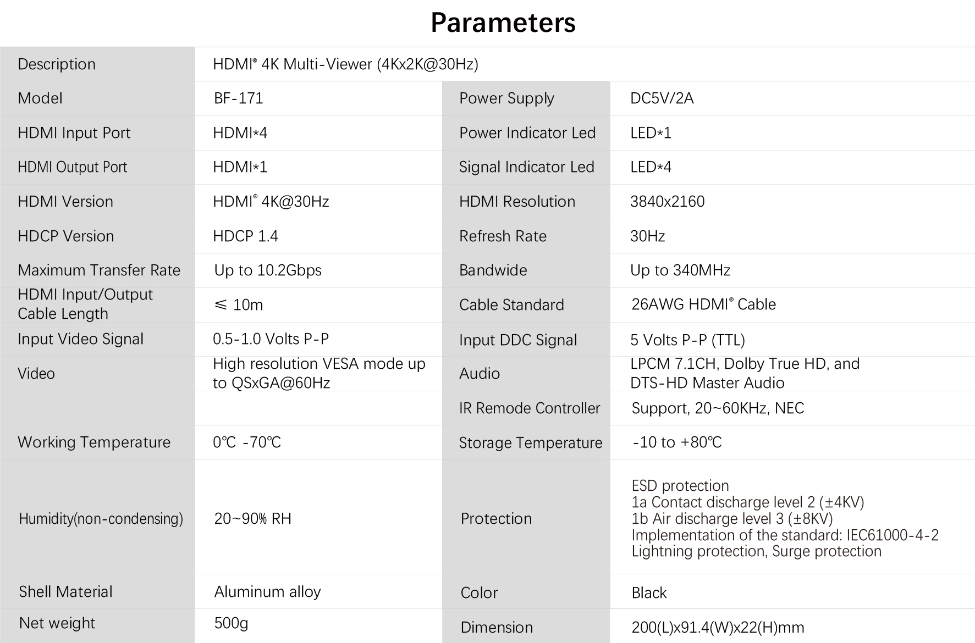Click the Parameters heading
click(x=503, y=23)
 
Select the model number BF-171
click(x=238, y=98)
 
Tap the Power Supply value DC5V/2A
click(x=662, y=98)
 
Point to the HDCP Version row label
click(x=66, y=236)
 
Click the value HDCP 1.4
click(x=245, y=236)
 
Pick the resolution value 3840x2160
click(x=667, y=202)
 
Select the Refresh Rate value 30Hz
click(x=647, y=236)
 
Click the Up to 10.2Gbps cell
click(x=268, y=270)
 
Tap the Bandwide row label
click(x=493, y=270)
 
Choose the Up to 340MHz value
click(x=680, y=270)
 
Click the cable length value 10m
click(x=248, y=305)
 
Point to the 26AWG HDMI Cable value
click(x=703, y=304)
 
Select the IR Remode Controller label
click(x=530, y=408)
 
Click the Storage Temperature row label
click(x=531, y=443)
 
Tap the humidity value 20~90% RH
click(x=252, y=519)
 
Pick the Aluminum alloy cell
click(x=267, y=592)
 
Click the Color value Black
click(x=649, y=593)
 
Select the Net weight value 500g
click(x=231, y=623)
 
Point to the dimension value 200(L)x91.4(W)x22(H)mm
click(x=718, y=628)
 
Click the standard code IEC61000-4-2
click(x=893, y=535)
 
